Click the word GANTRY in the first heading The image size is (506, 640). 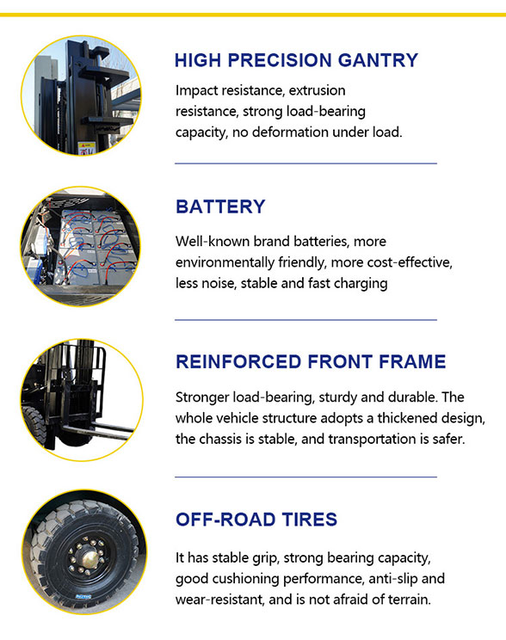click(378, 60)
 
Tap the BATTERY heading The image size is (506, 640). click(220, 206)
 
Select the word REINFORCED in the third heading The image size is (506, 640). click(238, 361)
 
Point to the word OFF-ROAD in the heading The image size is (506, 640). click(225, 520)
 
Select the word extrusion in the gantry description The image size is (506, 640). click(317, 90)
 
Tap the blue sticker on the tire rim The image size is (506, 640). click(83, 596)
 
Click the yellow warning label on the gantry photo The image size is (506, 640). click(86, 148)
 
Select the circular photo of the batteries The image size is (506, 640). click(81, 246)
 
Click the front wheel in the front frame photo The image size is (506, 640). click(34, 424)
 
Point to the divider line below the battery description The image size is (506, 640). click(305, 320)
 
